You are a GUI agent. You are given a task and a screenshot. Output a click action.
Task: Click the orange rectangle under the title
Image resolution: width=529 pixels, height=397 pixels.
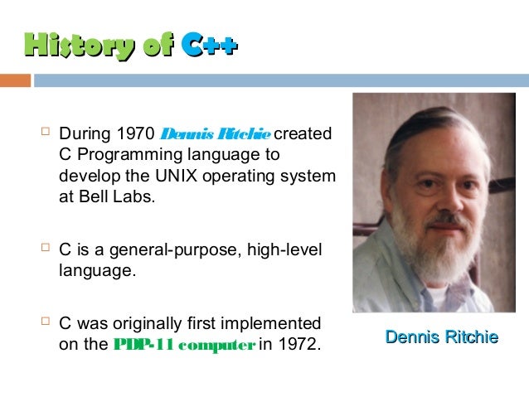tap(15, 80)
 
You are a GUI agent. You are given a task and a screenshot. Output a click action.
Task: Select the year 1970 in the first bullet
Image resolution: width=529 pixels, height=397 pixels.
tap(135, 133)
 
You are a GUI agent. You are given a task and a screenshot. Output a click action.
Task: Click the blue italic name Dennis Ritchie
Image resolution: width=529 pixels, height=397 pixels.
tap(215, 133)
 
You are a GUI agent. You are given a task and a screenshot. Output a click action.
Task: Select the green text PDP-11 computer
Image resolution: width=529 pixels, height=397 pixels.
tap(183, 344)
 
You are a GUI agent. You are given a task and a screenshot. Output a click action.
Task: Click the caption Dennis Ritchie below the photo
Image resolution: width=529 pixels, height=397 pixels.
tap(441, 337)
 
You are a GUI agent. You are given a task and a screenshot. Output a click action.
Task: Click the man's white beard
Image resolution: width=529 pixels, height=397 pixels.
tap(423, 249)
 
